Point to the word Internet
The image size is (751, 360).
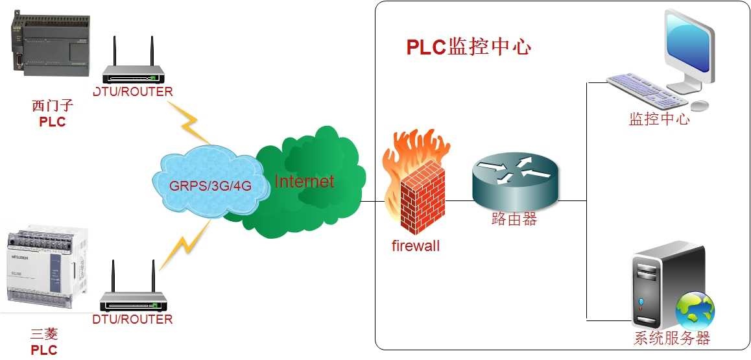coord(304,181)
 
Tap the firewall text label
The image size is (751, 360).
coord(416,246)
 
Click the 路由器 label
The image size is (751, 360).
coord(514,219)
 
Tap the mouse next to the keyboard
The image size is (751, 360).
coord(700,105)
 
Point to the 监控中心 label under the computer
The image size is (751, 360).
coord(659,119)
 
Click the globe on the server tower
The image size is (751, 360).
coord(695,309)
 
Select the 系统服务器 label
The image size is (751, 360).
coord(672,338)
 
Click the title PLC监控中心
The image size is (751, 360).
coord(468,47)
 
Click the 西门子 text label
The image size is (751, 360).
coord(53,106)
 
